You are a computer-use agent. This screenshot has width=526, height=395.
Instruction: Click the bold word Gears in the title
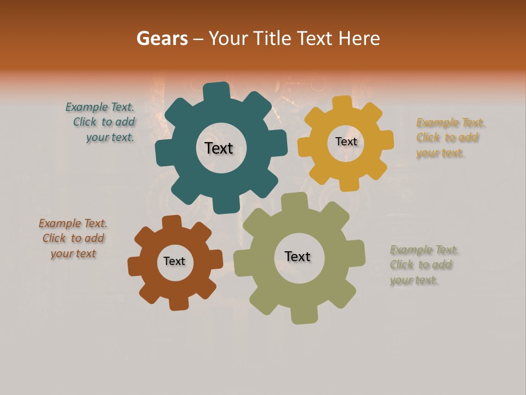tap(162, 38)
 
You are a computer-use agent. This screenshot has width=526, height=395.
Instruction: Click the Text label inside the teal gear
tap(219, 148)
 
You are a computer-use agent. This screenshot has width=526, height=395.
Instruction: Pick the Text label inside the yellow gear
tap(346, 142)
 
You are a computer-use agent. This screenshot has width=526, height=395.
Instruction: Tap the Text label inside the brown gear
tap(174, 261)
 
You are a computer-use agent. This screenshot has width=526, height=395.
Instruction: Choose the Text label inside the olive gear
tap(298, 256)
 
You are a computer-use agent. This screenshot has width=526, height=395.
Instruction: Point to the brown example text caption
tap(73, 238)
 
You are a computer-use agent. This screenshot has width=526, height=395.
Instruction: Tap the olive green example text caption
tap(424, 265)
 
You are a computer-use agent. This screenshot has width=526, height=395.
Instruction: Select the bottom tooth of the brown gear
tap(178, 303)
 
